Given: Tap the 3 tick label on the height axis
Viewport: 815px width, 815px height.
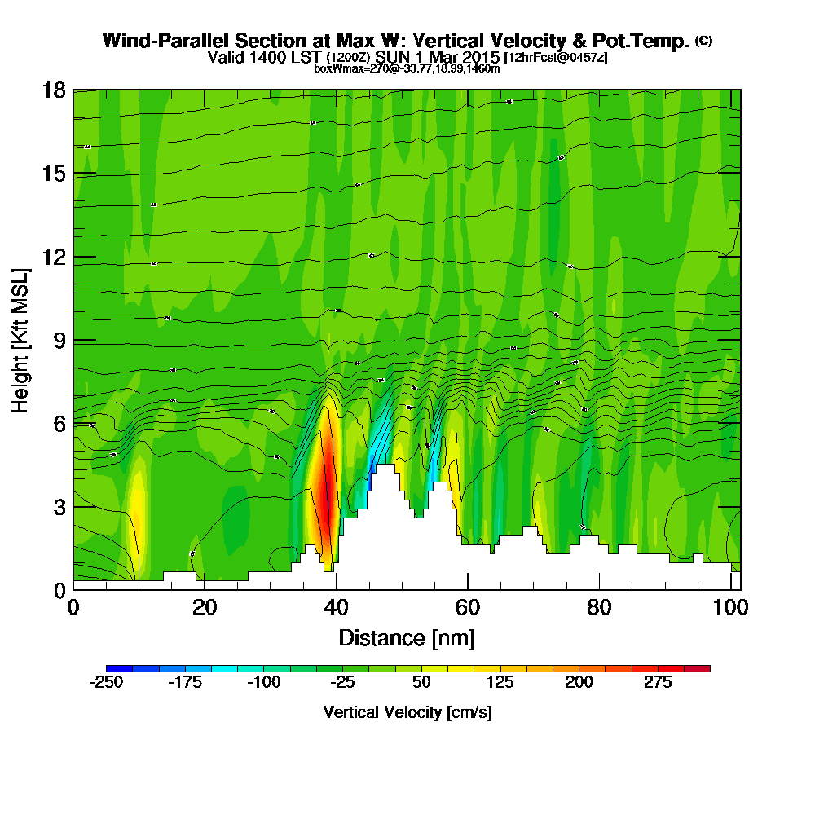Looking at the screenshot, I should (x=59, y=506).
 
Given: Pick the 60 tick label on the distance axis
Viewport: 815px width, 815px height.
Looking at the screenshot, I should (x=468, y=608).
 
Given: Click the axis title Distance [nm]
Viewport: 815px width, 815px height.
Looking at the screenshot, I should (x=407, y=637).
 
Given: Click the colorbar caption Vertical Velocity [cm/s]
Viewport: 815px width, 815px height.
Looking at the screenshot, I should (x=407, y=712).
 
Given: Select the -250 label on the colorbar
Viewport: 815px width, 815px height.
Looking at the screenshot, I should (x=105, y=683).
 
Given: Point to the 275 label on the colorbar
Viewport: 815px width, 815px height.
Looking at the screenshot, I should (x=658, y=683).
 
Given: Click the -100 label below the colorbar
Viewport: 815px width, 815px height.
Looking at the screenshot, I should (x=263, y=683).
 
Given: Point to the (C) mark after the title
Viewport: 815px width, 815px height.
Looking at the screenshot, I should (x=703, y=40).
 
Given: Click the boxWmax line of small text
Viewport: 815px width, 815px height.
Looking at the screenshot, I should (x=407, y=68).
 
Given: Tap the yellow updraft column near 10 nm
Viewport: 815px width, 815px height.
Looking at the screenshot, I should (x=136, y=522).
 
